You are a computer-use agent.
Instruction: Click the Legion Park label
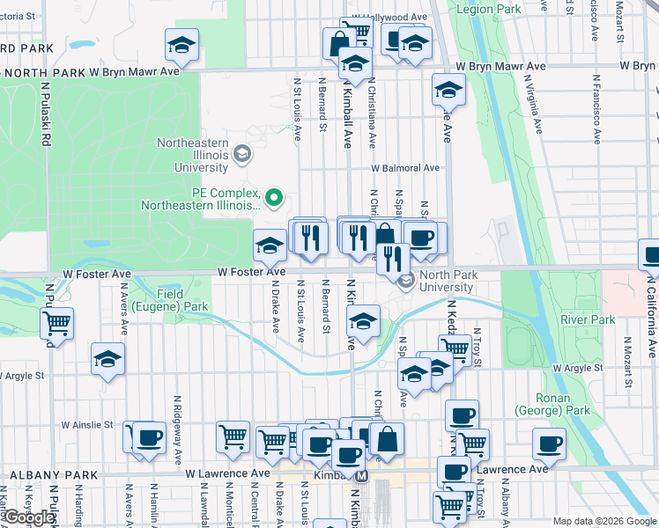[487, 8]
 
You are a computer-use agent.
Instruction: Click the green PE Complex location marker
[274, 196]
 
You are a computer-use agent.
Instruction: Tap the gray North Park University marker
[406, 282]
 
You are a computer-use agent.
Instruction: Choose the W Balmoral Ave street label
[404, 167]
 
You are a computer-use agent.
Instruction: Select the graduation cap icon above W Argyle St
[107, 359]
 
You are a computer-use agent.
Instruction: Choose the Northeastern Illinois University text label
[193, 154]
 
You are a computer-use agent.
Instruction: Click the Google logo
[29, 517]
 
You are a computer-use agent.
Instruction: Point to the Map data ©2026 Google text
[604, 521]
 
